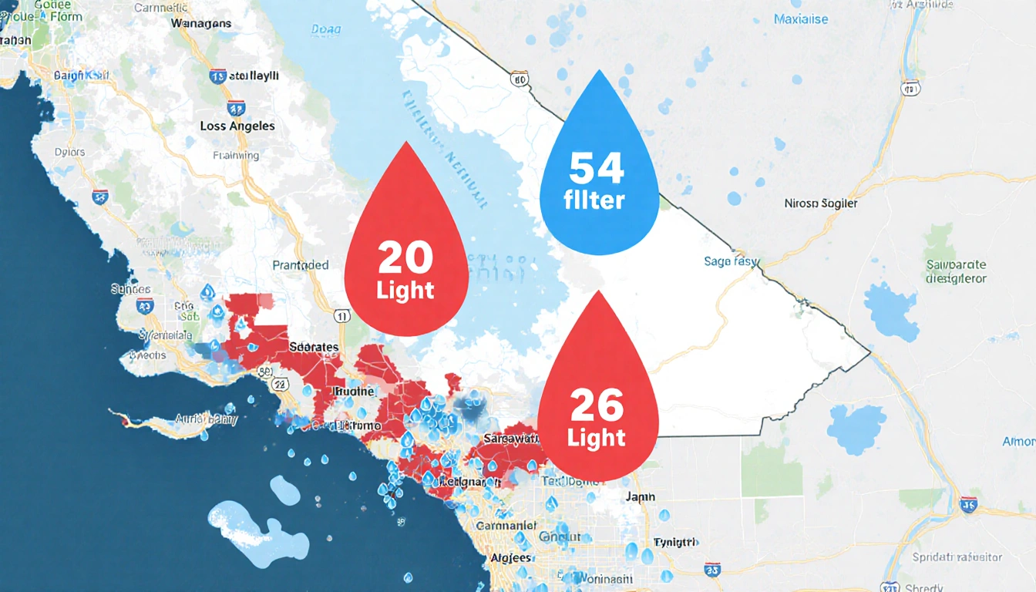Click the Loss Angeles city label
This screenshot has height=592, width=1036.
(237, 126)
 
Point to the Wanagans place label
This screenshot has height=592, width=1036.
(202, 24)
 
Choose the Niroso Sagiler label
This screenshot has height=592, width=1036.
(820, 204)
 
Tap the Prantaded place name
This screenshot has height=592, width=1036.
(301, 265)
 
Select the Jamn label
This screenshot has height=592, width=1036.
(640, 497)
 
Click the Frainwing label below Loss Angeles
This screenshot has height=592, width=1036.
(235, 155)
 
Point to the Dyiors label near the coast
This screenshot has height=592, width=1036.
(70, 151)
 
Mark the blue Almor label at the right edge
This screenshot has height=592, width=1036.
(1018, 442)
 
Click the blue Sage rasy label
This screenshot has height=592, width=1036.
(732, 261)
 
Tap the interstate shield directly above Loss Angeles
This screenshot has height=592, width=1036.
(236, 108)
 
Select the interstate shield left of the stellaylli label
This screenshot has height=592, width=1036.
(217, 76)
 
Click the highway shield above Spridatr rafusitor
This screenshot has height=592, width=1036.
(969, 505)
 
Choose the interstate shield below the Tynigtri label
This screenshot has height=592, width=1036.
(712, 570)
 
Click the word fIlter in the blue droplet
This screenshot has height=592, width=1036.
(594, 202)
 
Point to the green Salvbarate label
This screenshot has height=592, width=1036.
(956, 267)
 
